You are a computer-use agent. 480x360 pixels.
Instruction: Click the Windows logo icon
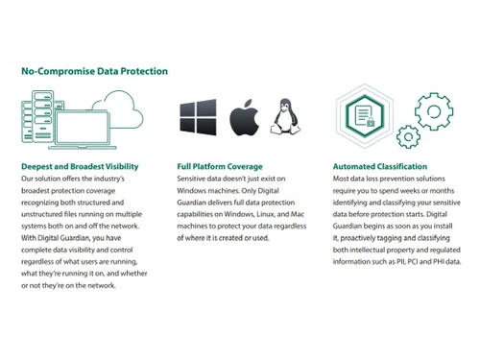197,116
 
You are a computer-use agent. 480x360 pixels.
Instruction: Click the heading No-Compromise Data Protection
95,71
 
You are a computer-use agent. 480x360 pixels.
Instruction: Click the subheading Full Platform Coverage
220,166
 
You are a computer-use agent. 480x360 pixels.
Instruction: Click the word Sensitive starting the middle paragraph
195,180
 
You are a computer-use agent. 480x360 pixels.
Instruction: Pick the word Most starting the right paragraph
342,180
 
